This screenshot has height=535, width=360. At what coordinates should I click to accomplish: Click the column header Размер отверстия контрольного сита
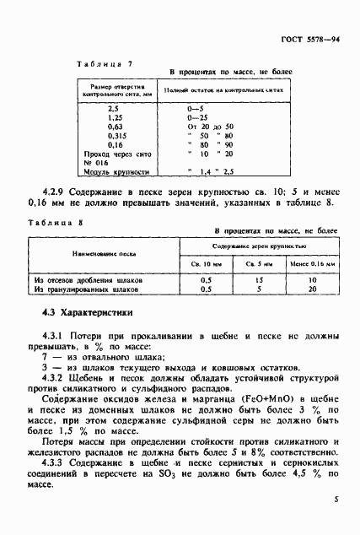(114, 91)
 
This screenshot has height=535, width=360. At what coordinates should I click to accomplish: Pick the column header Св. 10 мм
(201, 262)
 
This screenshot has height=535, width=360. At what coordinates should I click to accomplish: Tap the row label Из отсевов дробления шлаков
(89, 278)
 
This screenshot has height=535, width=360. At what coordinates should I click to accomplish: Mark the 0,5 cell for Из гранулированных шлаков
(201, 289)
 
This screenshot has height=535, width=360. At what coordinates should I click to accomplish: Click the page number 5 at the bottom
(336, 500)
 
